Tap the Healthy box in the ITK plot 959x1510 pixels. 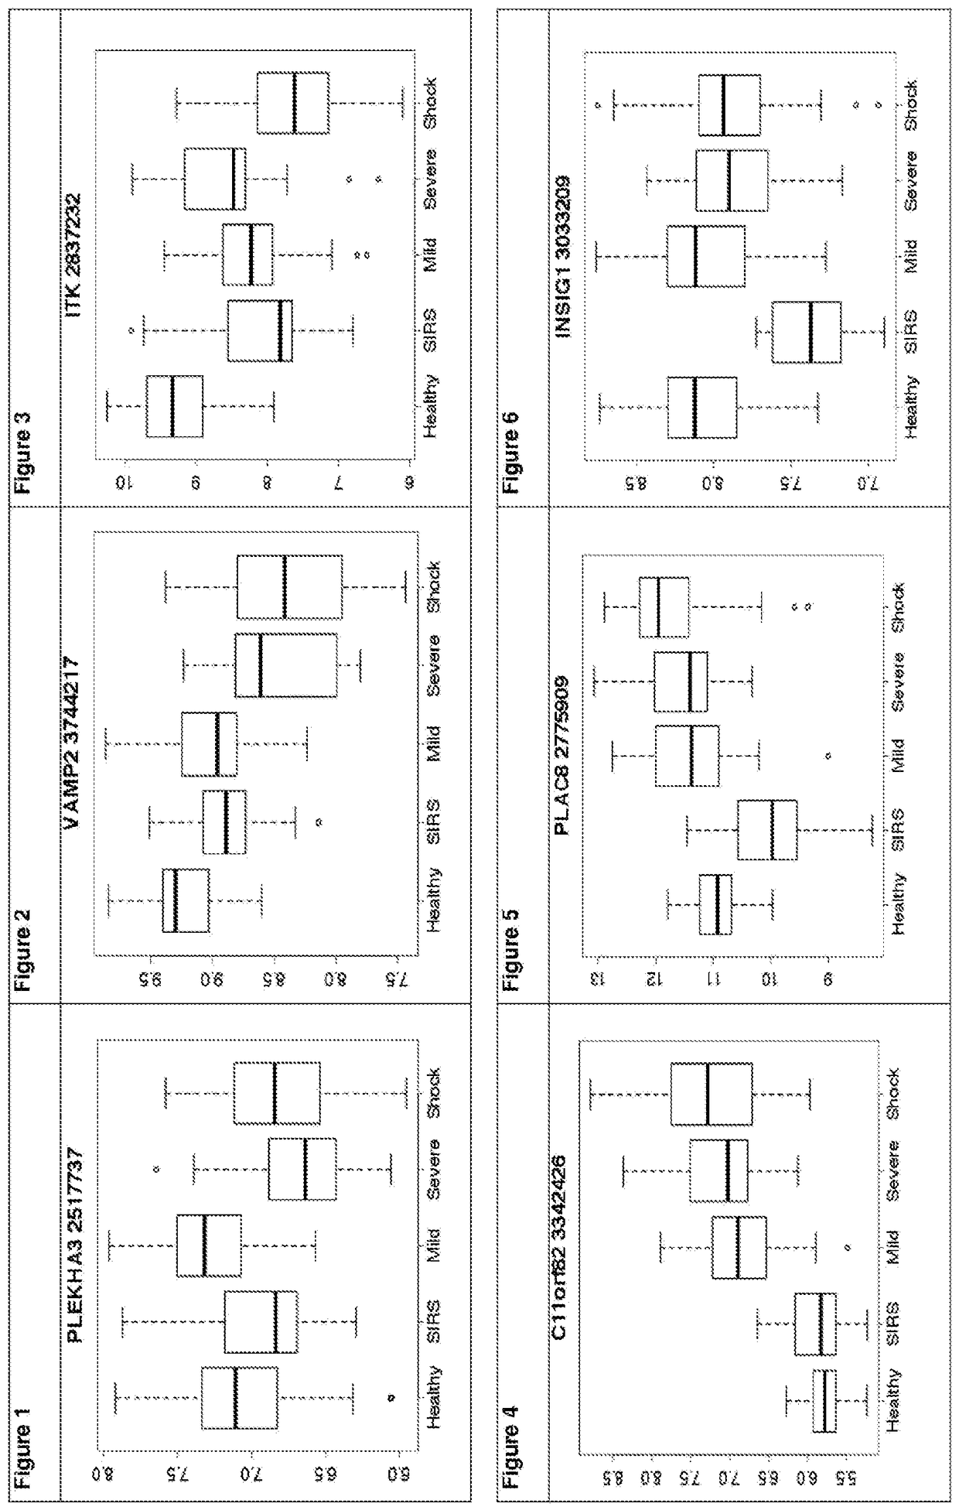(x=174, y=406)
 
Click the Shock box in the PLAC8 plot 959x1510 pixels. (x=664, y=606)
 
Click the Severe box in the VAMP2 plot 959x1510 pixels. (x=285, y=664)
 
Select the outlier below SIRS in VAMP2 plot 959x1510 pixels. (x=319, y=822)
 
